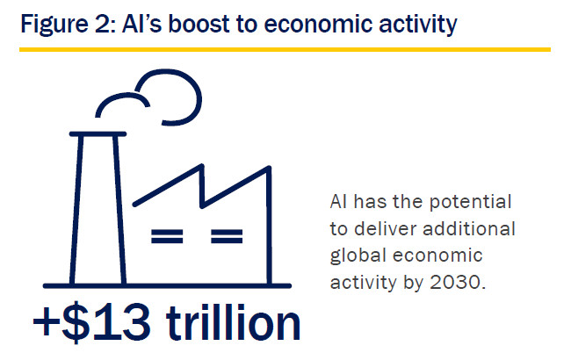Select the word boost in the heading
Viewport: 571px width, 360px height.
pyautogui.click(x=199, y=24)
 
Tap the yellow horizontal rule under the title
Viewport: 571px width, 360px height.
pyautogui.click(x=285, y=49)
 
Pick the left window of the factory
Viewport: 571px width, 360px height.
pyautogui.click(x=167, y=236)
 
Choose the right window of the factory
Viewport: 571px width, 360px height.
pyautogui.click(x=227, y=236)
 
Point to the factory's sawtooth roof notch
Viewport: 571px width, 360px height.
pyautogui.click(x=202, y=206)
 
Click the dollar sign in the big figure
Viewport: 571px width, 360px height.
pyautogui.click(x=76, y=322)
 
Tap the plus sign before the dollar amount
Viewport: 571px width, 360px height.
pyautogui.click(x=47, y=322)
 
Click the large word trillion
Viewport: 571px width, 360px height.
pyautogui.click(x=233, y=322)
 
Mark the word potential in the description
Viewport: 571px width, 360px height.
pyautogui.click(x=471, y=202)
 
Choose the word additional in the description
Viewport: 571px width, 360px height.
pyautogui.click(x=469, y=229)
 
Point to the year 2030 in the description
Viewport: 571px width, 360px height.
pyautogui.click(x=458, y=283)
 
